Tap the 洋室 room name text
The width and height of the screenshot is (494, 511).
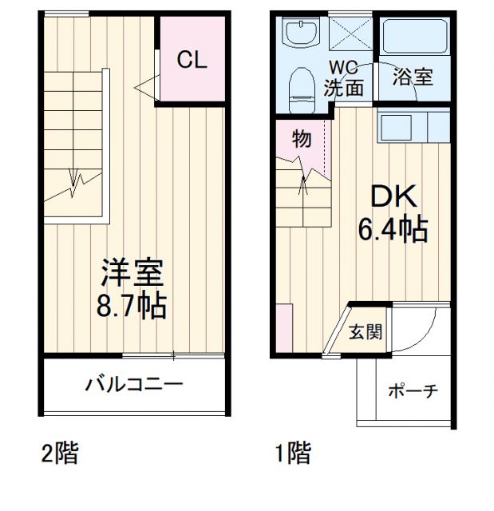(132, 274)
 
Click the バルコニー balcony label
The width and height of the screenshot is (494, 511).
(134, 384)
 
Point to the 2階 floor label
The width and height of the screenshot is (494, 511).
(60, 454)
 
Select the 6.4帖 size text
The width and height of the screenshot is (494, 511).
(391, 231)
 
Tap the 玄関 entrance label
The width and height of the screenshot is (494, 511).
(366, 331)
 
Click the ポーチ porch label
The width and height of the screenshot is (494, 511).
(413, 390)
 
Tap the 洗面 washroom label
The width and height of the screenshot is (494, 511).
(343, 88)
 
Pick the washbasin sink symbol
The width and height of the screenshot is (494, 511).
(300, 34)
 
